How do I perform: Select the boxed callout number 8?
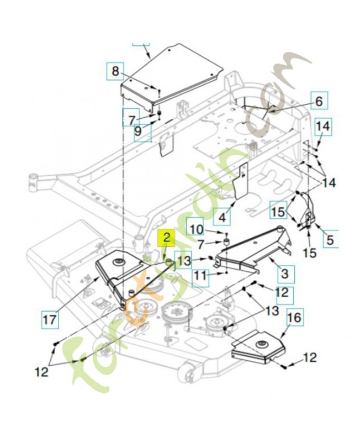click(x=115, y=71)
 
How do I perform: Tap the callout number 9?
click(x=138, y=131)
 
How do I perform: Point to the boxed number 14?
click(x=324, y=127)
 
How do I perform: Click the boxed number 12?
click(x=282, y=292)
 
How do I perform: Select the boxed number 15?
click(x=278, y=210)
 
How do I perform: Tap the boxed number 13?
click(x=184, y=260)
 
